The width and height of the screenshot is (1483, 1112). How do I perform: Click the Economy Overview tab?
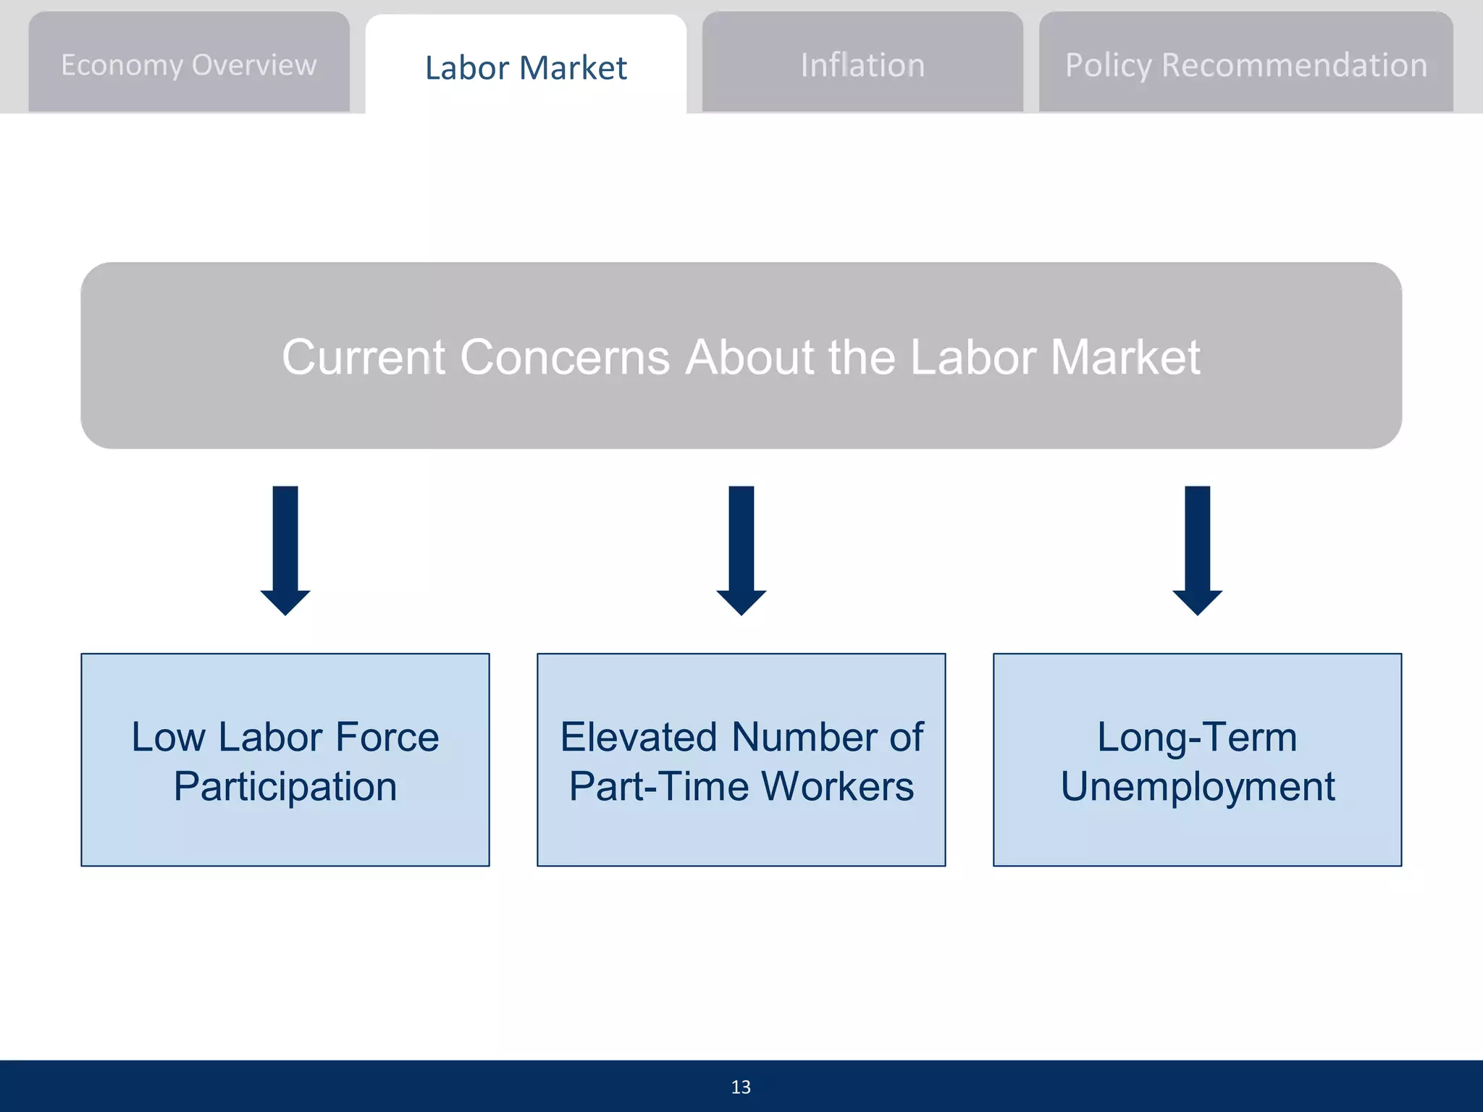click(x=189, y=64)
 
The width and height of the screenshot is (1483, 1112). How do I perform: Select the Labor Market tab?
click(x=526, y=67)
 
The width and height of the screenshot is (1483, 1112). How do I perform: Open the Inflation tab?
click(x=862, y=65)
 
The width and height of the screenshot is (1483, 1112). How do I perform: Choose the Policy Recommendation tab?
click(x=1245, y=65)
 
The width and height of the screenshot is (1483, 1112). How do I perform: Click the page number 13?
click(x=741, y=1087)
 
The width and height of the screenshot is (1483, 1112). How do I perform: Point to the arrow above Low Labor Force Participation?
click(x=285, y=550)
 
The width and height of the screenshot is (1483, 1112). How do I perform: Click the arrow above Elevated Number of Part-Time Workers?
click(x=741, y=550)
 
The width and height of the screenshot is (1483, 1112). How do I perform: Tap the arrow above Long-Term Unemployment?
click(x=1198, y=550)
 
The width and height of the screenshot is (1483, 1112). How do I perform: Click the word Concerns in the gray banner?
click(x=565, y=357)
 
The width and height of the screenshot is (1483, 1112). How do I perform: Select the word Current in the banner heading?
click(x=364, y=357)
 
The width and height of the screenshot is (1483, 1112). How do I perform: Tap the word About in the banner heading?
click(x=749, y=357)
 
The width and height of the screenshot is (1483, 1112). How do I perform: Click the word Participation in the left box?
click(x=285, y=787)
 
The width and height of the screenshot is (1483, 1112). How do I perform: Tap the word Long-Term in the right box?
click(x=1197, y=737)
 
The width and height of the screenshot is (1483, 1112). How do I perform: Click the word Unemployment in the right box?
click(x=1198, y=787)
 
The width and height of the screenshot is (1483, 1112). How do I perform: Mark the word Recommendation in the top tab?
click(x=1294, y=65)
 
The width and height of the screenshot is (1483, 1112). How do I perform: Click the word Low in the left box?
click(x=168, y=737)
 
